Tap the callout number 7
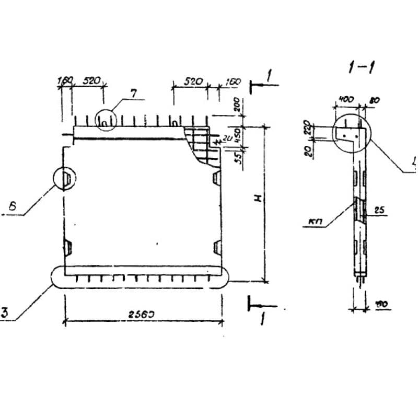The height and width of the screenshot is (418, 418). (x=134, y=94)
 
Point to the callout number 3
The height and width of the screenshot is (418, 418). (x=4, y=313)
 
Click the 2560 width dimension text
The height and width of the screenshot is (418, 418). (x=143, y=315)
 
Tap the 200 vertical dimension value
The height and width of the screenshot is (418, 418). (x=235, y=104)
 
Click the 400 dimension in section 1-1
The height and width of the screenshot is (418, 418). (x=345, y=99)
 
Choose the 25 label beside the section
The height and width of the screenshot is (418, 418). (x=379, y=210)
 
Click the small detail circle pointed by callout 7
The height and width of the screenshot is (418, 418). (x=106, y=119)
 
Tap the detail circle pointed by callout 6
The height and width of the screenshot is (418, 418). (x=65, y=178)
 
